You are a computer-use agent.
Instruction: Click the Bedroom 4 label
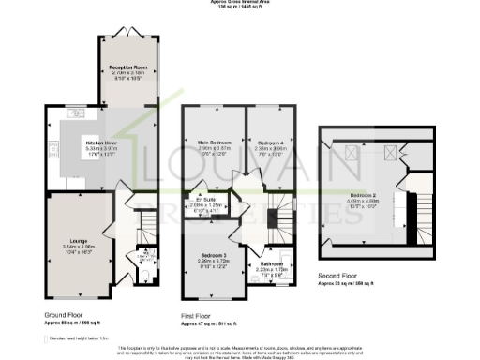coord(272,142)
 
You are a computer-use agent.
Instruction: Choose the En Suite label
coord(203,200)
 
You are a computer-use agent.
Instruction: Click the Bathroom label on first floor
coord(272,264)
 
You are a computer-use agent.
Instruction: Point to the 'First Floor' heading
coord(198,315)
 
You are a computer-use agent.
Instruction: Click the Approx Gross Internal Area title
coord(239,3)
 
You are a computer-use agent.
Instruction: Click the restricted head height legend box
coord(50,337)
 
